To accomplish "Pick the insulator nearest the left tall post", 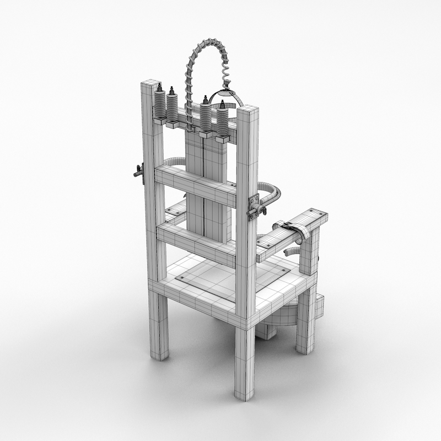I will coord(160,105).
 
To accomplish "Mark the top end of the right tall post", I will coord(248,109).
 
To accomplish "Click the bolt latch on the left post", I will coord(138,173).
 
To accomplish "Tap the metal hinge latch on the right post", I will coord(255,205).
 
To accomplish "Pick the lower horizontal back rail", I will coord(196,243).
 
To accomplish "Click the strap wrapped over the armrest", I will coord(294,230).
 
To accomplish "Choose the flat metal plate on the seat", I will coord(232,278).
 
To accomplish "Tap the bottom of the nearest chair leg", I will coord(244,394).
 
